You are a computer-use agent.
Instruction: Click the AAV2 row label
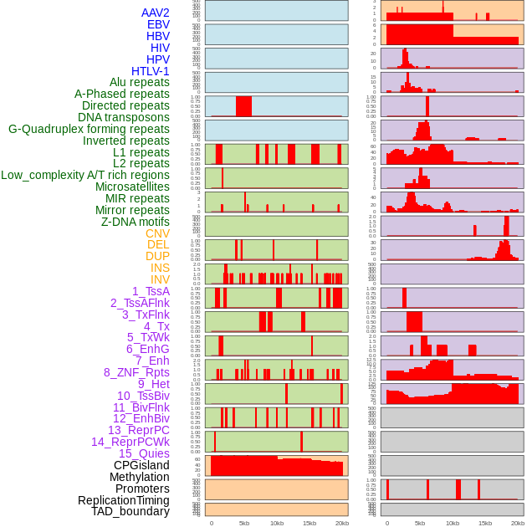tap(156, 13)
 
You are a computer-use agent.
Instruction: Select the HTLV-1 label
tap(151, 71)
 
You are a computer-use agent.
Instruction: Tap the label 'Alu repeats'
tap(140, 82)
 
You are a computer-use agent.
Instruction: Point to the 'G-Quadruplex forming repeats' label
tap(89, 129)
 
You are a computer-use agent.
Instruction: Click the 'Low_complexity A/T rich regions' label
tap(85, 175)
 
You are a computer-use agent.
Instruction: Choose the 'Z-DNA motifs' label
tap(136, 222)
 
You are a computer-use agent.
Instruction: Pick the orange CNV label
tap(157, 233)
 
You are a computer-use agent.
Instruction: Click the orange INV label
tap(160, 279)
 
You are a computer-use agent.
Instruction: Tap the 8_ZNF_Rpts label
tap(136, 372)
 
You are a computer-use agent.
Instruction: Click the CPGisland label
tap(141, 465)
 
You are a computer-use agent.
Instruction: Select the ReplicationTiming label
tap(124, 500)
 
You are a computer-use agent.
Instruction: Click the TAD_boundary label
tap(130, 511)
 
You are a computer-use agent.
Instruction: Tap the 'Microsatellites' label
tap(132, 187)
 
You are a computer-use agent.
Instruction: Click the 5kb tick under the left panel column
tap(244, 523)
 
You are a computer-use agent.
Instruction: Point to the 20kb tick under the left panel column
tap(341, 523)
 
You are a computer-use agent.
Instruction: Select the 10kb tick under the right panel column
tap(453, 523)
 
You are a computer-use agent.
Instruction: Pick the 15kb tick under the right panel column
tap(485, 523)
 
